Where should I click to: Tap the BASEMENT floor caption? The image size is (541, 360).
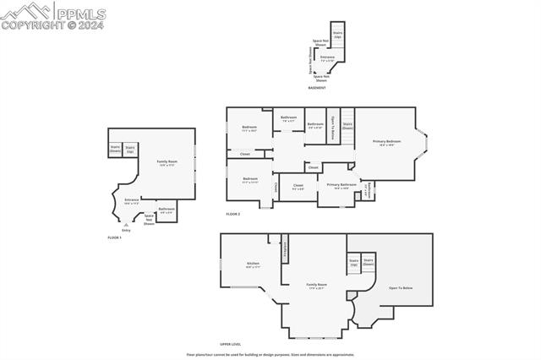[x=317, y=88]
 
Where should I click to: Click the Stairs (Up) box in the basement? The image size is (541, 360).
[x=337, y=35]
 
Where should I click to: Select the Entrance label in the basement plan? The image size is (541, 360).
[x=327, y=58]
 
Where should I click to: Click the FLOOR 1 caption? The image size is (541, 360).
[x=114, y=237]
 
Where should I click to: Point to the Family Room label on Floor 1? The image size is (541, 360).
[x=167, y=162]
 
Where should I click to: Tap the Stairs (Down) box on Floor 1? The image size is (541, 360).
[x=115, y=150]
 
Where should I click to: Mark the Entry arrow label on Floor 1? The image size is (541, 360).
[x=126, y=229]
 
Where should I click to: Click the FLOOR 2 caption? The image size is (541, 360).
[x=233, y=214]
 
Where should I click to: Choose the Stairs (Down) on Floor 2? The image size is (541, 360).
[x=347, y=125]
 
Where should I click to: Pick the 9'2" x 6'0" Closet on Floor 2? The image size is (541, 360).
[x=298, y=186]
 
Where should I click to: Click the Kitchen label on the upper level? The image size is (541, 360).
[x=253, y=265]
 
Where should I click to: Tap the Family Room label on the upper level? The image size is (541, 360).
[x=317, y=286]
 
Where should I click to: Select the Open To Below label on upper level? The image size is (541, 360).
[x=401, y=288]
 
